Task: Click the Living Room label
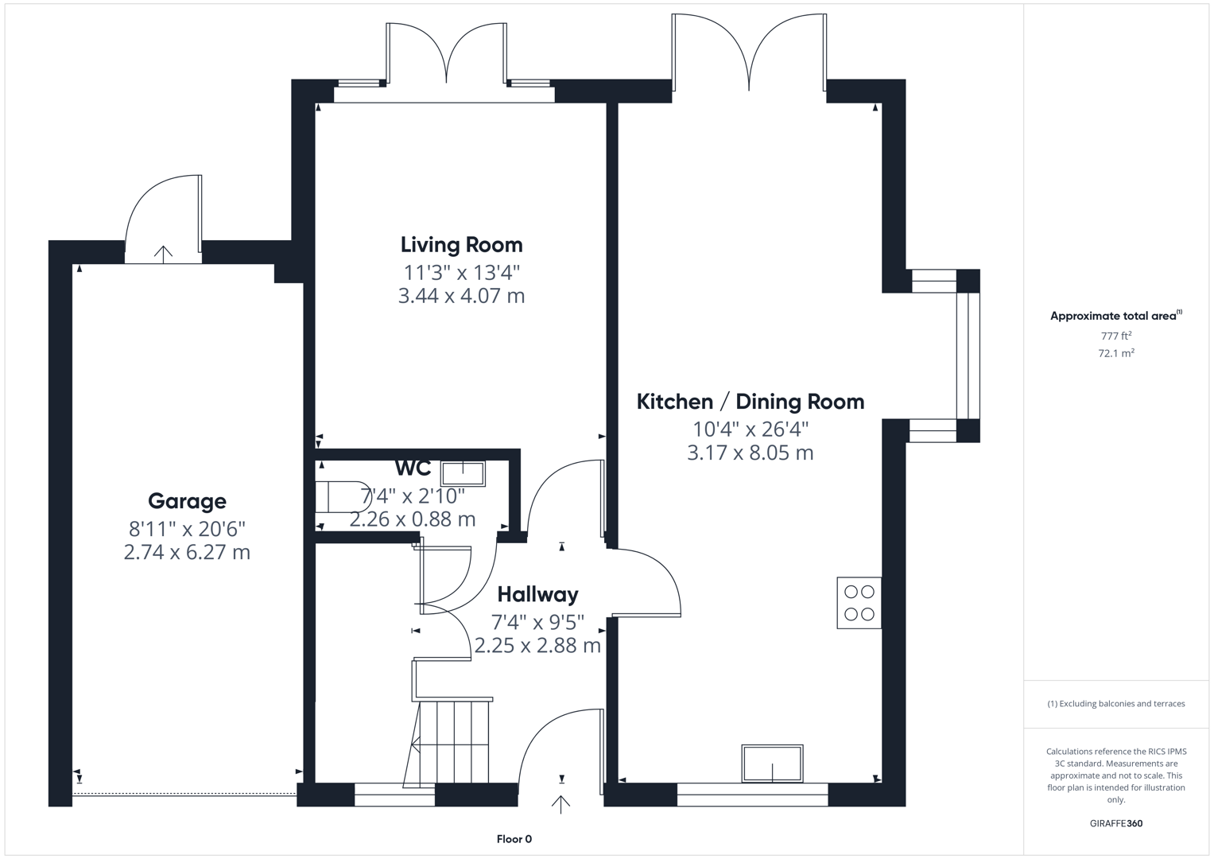click(x=461, y=245)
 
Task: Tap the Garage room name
click(x=187, y=501)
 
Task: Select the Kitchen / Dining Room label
click(x=750, y=402)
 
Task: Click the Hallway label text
click(x=537, y=594)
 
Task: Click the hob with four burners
click(x=859, y=603)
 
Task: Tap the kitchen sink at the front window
click(x=772, y=764)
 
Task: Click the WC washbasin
click(x=463, y=473)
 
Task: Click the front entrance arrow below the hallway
click(x=560, y=804)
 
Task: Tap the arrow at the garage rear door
click(x=163, y=254)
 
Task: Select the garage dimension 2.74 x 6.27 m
click(x=187, y=552)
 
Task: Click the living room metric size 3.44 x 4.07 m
click(x=461, y=296)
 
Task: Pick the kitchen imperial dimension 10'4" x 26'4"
click(x=750, y=429)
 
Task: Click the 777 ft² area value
click(x=1115, y=336)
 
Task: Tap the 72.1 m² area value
click(x=1115, y=353)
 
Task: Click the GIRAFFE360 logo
click(x=1115, y=823)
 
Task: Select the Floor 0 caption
click(x=514, y=839)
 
